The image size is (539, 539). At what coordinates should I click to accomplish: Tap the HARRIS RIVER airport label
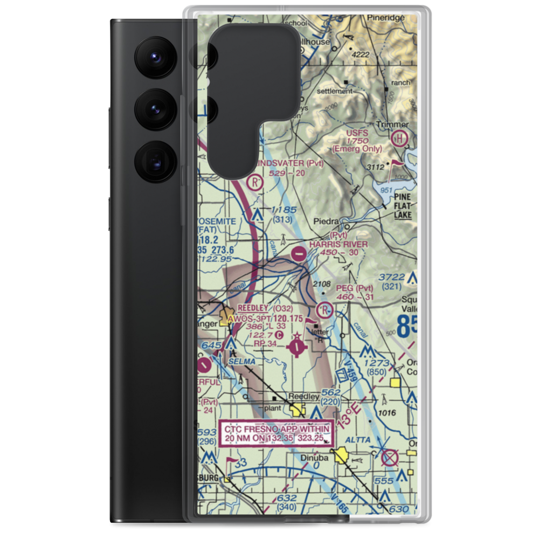[x=338, y=244]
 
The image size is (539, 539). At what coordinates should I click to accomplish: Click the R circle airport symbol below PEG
[x=324, y=310]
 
